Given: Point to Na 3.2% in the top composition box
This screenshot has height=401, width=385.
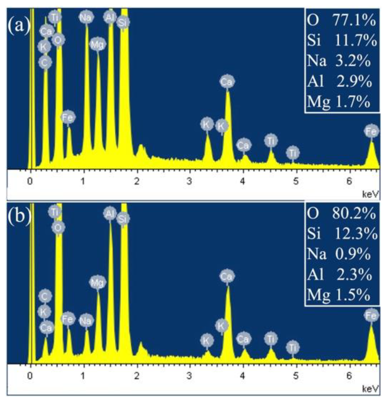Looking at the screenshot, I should tap(339, 61).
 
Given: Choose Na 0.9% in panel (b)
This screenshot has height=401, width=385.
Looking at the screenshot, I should tap(339, 254).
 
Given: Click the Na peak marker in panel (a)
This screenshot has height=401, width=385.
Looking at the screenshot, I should tap(86, 18).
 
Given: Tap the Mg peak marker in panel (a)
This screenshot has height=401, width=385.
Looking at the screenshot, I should tap(97, 44).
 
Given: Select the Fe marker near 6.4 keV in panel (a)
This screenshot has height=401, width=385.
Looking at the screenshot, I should tap(371, 131).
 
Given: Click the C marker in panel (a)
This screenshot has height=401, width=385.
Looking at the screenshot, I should tap(45, 62).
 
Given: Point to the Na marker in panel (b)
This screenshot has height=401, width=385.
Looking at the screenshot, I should tap(86, 320).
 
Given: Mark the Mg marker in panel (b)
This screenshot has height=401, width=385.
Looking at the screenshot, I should tap(97, 282).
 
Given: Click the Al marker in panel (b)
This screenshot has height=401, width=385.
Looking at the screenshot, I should tap(110, 214).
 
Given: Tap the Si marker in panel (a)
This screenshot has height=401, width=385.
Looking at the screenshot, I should tap(123, 23).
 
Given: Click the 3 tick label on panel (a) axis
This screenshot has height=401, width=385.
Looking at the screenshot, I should tap(189, 181).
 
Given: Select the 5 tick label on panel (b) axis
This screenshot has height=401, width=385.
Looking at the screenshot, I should tap(296, 376).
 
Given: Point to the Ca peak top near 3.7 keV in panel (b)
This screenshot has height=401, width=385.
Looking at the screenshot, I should tap(228, 286).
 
